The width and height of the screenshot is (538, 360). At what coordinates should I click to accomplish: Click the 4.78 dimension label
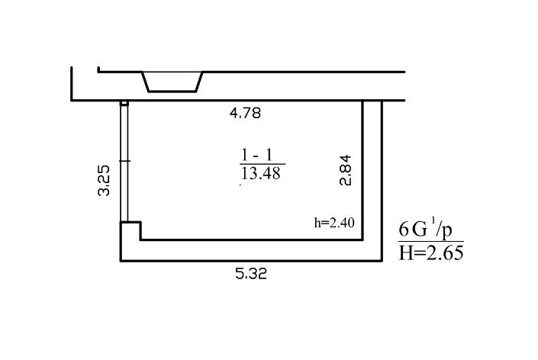coord(245,113)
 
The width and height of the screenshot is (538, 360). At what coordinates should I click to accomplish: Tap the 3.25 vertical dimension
coord(104,181)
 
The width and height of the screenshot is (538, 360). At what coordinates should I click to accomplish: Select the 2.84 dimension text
coord(346,170)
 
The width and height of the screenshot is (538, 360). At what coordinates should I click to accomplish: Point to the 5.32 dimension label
coord(251,274)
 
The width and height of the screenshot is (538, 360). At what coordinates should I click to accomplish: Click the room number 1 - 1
coord(256,155)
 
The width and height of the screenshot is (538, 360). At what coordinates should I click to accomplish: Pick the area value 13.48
coord(261,173)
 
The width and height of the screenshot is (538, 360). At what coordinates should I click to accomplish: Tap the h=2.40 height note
coord(334,223)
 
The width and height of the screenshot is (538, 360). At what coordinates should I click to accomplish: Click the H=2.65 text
coord(431,253)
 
